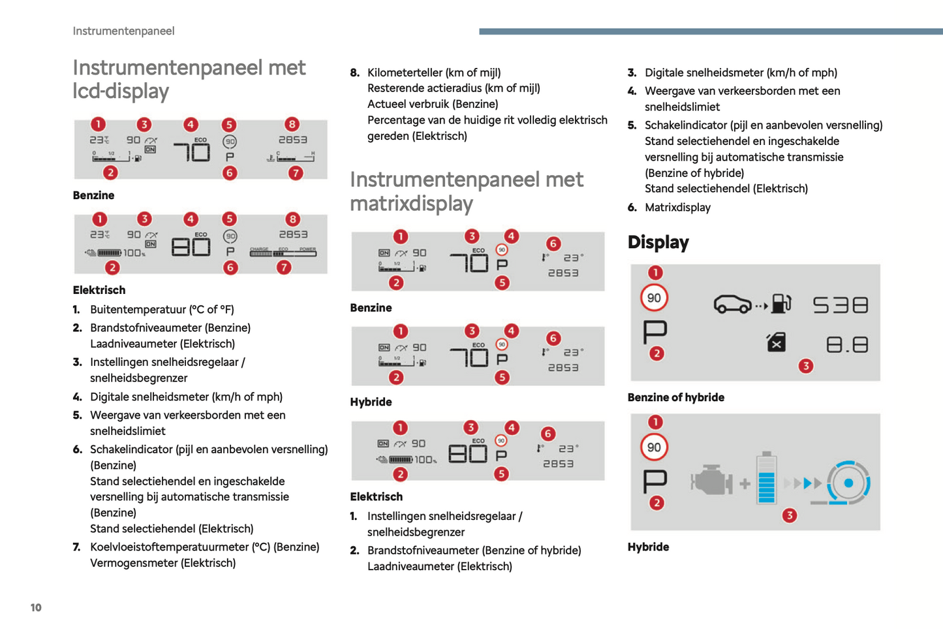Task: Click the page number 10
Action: (36, 607)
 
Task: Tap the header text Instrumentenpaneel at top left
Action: (123, 31)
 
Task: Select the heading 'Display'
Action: (658, 242)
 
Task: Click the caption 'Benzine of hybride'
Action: (675, 397)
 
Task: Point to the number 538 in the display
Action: (841, 305)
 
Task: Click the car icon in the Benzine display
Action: (732, 304)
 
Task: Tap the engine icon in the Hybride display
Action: (711, 482)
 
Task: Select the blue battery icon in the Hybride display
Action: (767, 479)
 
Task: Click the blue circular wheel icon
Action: (848, 483)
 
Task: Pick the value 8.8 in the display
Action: (847, 344)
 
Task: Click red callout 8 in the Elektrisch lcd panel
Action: (292, 219)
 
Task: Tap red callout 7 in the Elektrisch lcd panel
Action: (283, 267)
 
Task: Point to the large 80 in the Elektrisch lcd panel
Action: (191, 247)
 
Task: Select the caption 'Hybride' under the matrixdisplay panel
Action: (371, 402)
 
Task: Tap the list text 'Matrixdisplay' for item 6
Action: (677, 208)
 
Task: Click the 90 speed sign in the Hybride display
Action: (654, 447)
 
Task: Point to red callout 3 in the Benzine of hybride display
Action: (805, 366)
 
